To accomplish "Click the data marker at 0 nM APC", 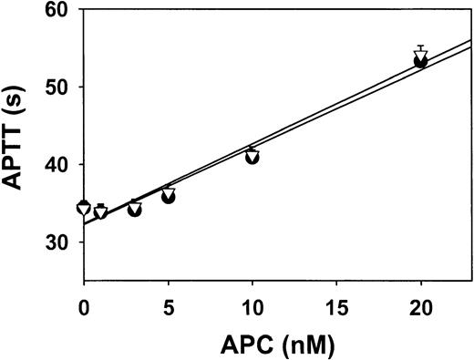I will coord(84,208).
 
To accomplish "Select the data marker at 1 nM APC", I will coord(100,211).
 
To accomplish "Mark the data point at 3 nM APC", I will coord(134,209).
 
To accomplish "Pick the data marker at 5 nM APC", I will coord(168,195).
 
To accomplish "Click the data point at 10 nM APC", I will coord(252,156).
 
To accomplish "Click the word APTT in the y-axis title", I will coord(18,156).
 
